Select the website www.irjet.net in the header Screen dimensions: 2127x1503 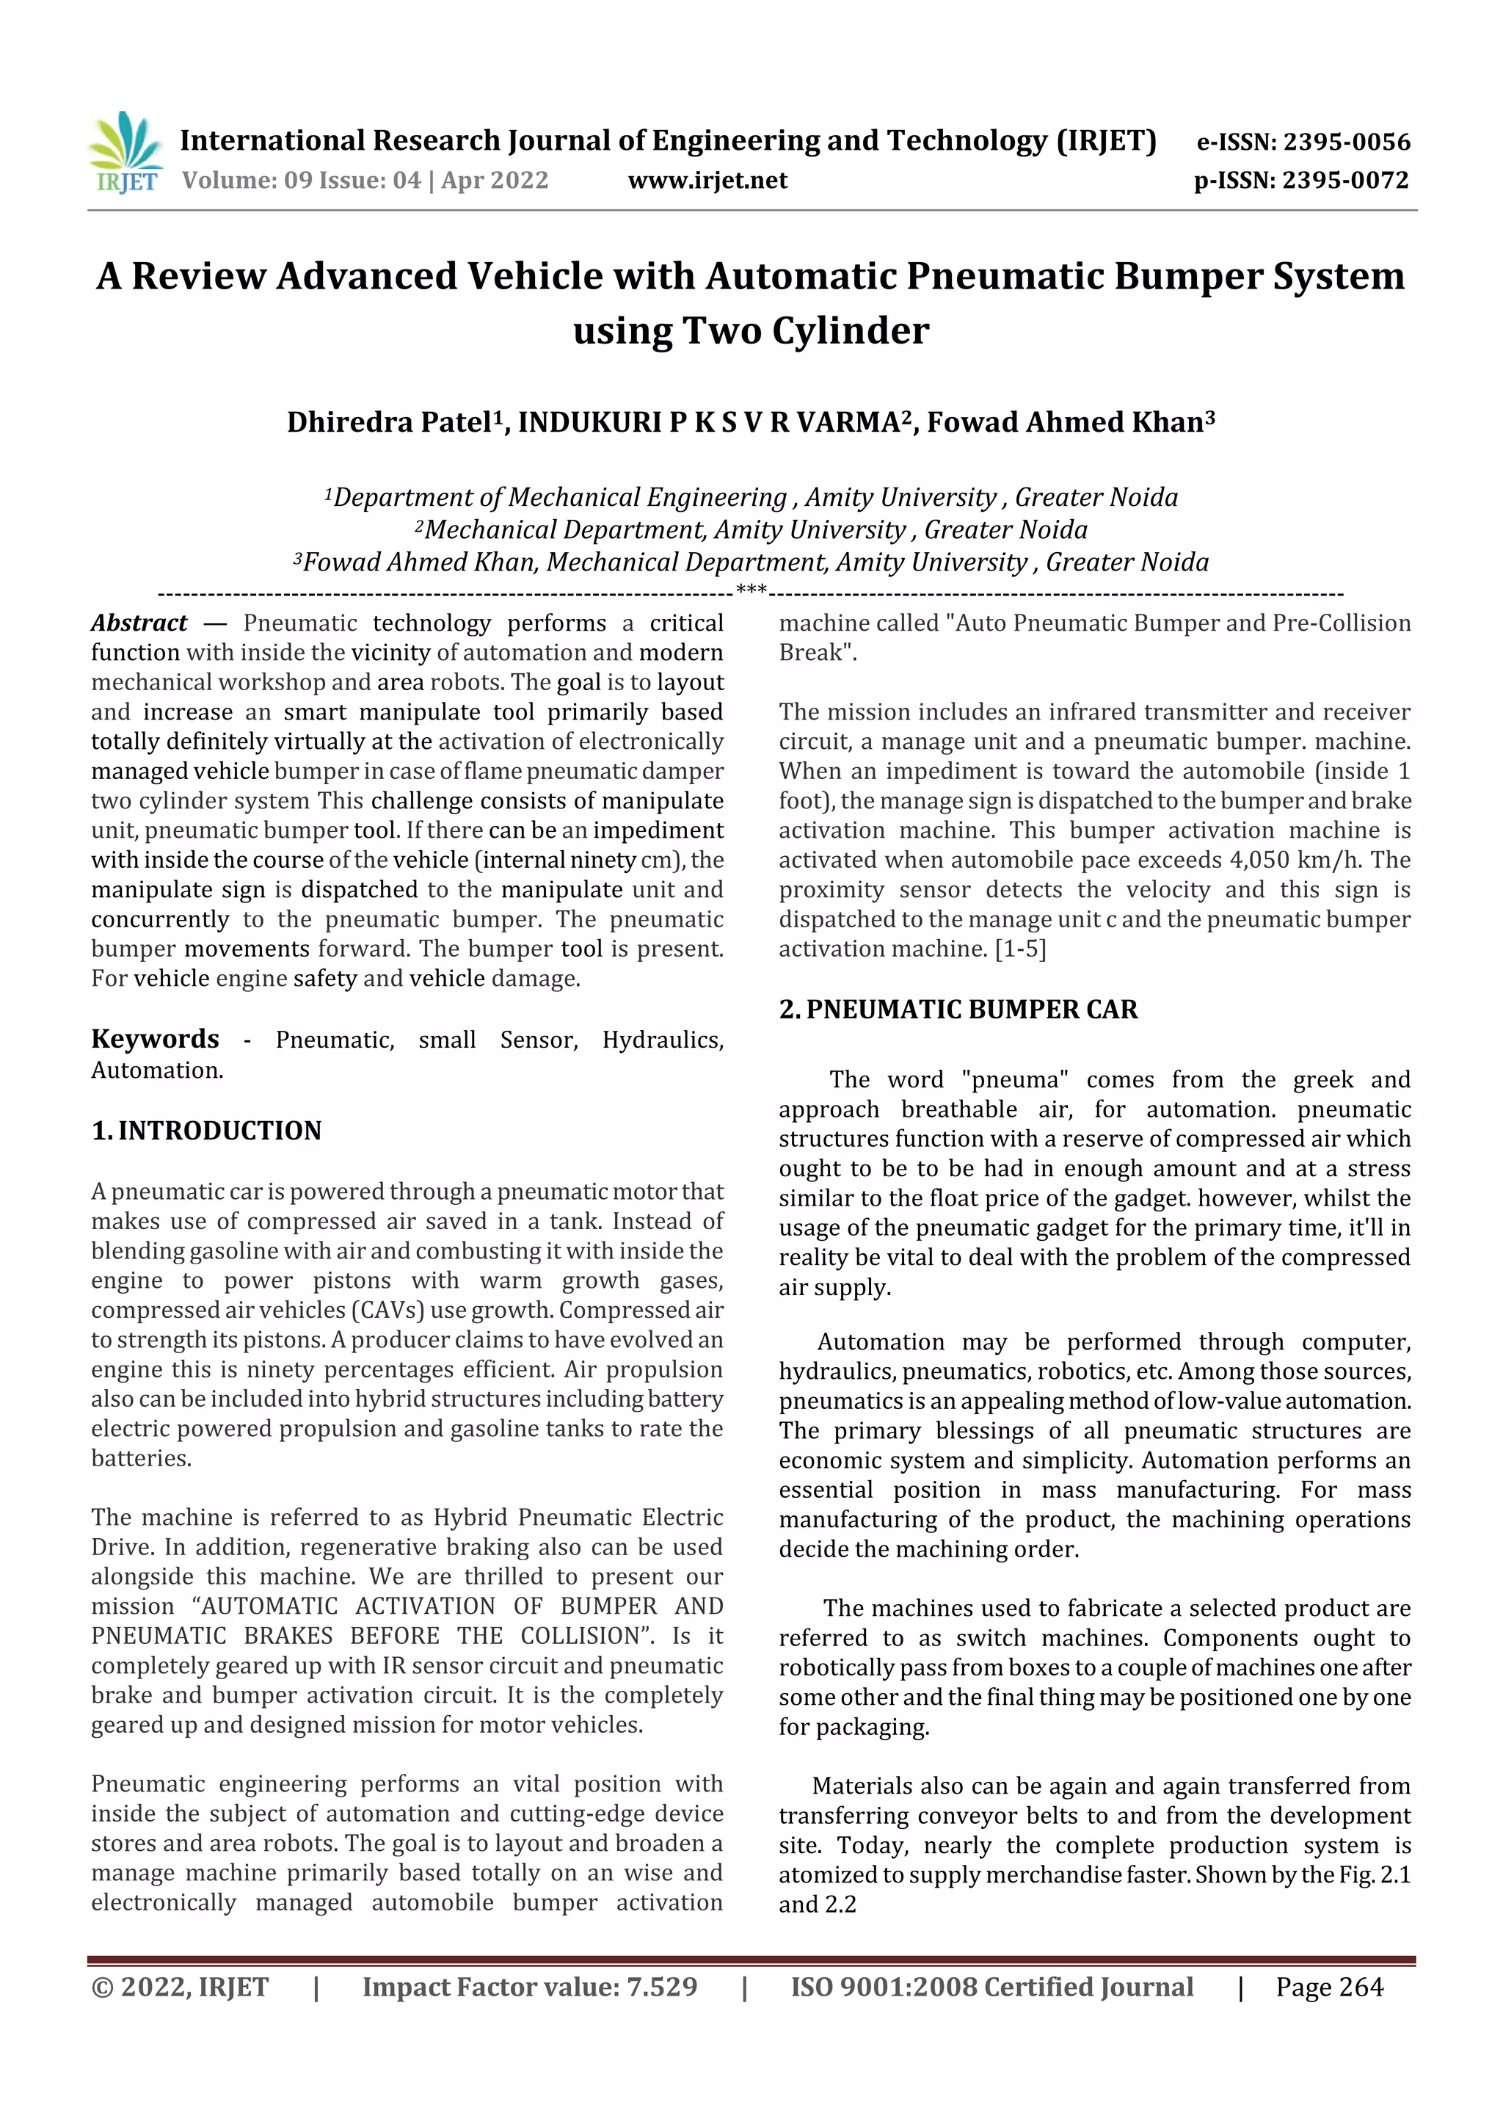click(x=707, y=181)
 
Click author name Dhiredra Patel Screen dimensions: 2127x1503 click(x=388, y=422)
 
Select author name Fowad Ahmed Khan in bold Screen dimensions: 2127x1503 click(x=1064, y=422)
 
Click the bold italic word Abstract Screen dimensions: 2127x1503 click(x=139, y=623)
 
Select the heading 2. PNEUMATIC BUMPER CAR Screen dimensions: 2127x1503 click(x=958, y=1009)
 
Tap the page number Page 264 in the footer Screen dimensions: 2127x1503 click(x=1329, y=1987)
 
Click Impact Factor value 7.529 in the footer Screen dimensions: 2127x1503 click(x=530, y=1987)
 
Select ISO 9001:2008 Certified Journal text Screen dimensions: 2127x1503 click(x=991, y=1987)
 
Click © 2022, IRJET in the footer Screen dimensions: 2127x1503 click(x=180, y=1987)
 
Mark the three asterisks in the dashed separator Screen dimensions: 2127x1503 click(x=750, y=589)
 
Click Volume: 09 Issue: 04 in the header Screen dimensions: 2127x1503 click(x=301, y=181)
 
